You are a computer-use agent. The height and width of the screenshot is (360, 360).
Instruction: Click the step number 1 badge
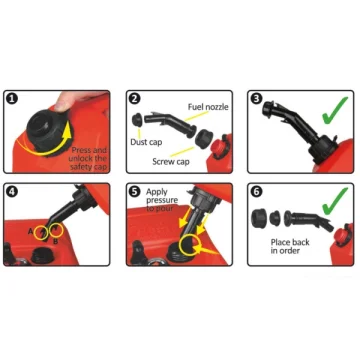coord(12,99)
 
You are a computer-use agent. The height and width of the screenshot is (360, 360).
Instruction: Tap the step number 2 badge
coord(136,99)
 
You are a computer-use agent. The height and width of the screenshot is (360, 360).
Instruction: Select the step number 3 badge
coord(258,99)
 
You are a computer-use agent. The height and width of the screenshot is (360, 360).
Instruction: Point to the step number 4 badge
coord(12,191)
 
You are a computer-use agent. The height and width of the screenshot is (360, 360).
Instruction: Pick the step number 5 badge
coord(136,191)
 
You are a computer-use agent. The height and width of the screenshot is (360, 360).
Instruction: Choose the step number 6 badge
coord(258,191)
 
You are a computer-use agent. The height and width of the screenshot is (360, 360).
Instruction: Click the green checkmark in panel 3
coord(334,110)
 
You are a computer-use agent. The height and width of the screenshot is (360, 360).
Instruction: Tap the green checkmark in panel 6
coord(334,201)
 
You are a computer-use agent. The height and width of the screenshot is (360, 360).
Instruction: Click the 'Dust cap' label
coord(146,142)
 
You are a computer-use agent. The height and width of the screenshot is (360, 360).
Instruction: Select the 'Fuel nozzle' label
coord(208,107)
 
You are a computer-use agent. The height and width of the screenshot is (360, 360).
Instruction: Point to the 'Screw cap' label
coord(171,162)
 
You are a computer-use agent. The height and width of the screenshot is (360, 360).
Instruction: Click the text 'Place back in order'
coord(290,246)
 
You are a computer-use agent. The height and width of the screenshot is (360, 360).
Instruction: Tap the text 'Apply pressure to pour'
coord(162,200)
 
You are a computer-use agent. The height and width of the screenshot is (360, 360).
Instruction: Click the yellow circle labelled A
coord(42,233)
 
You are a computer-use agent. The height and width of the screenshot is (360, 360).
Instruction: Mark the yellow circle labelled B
coord(56,230)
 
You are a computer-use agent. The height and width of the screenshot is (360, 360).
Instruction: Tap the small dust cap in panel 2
coord(137,119)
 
